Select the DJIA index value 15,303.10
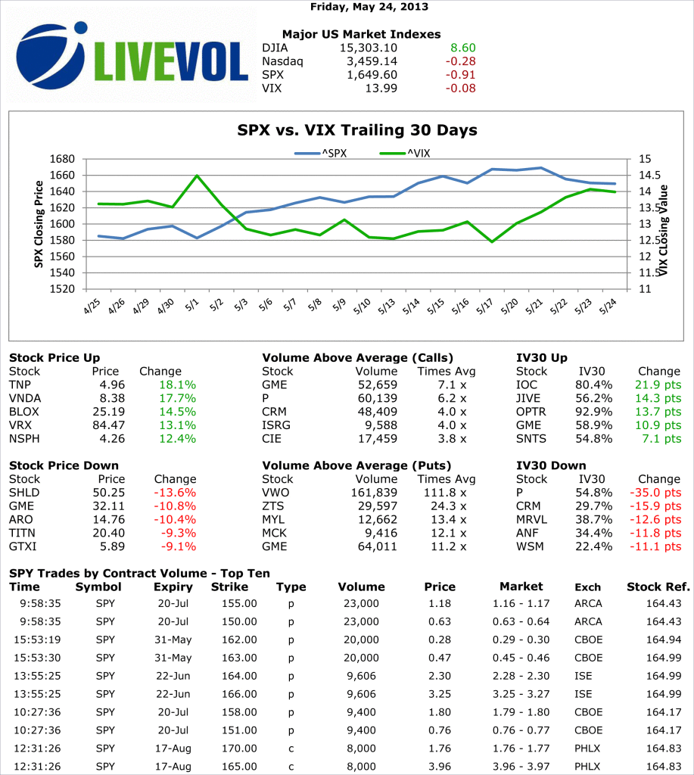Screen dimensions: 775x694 369,48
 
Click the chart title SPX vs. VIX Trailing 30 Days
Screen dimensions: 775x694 358,130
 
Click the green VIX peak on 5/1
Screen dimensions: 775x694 197,176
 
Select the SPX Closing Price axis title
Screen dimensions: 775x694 39,224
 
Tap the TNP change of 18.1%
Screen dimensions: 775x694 179,384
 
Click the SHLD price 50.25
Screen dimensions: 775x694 108,493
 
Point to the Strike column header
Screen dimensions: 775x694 229,587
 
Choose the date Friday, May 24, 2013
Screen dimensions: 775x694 369,7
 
